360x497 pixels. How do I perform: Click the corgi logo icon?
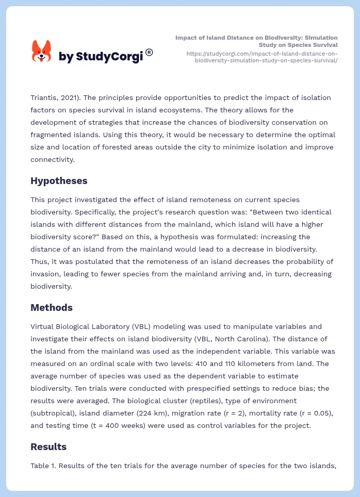tap(42, 52)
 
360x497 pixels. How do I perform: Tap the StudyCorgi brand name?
tap(101, 57)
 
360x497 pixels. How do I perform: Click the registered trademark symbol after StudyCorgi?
tap(149, 52)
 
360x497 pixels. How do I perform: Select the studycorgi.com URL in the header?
tap(261, 57)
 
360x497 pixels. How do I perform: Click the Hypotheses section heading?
tap(59, 181)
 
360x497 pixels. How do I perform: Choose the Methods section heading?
tap(51, 308)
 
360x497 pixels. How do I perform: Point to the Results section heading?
tap(48, 446)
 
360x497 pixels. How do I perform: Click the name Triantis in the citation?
tap(45, 97)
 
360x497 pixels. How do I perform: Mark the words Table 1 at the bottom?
tap(44, 466)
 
